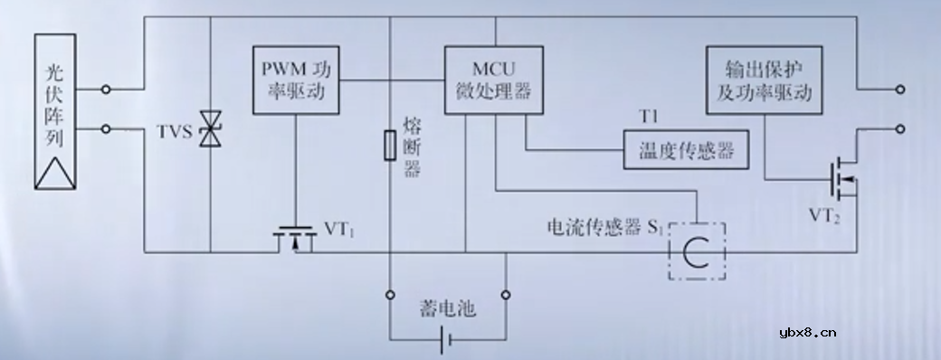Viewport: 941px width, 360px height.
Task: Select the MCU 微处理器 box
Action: pos(494,81)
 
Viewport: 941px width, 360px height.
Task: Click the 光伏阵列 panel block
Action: pos(57,112)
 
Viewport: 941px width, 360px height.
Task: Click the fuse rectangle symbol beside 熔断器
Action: pos(391,146)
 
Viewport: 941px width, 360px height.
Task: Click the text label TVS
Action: pos(175,133)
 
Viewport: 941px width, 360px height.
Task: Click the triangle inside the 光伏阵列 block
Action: pos(56,169)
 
